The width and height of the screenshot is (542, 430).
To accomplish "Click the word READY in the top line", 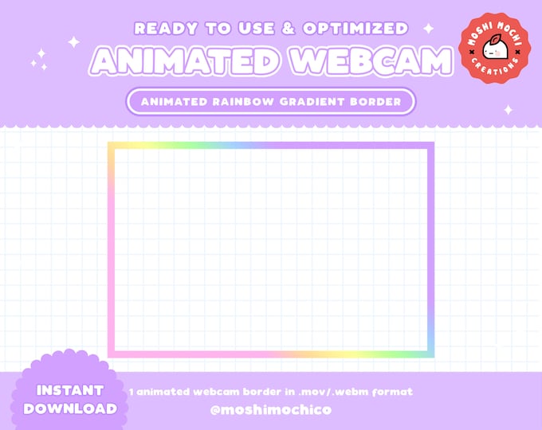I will (162, 29).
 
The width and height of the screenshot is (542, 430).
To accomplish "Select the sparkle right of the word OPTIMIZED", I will (428, 29).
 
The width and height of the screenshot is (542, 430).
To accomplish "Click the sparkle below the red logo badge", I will (508, 110).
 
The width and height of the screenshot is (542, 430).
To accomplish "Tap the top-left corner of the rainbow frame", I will (111, 146).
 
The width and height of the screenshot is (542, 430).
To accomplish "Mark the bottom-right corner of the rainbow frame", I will (430, 354).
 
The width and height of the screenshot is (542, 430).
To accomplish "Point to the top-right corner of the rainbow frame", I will (430, 146).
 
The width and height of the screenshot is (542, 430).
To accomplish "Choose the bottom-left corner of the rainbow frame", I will (111, 354).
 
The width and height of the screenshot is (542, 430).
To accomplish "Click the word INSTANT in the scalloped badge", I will (69, 391).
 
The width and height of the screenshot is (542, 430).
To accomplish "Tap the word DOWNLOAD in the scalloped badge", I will (69, 408).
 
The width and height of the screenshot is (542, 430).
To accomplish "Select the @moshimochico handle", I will (270, 410).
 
